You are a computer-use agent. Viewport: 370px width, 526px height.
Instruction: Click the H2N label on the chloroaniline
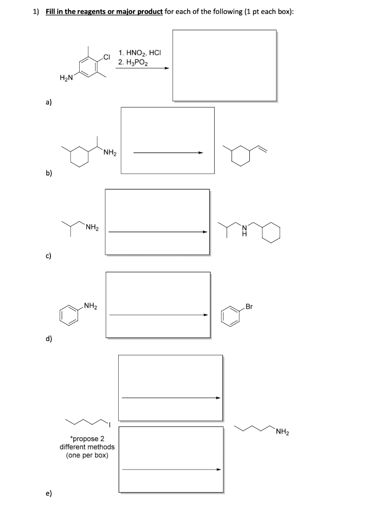(x=66, y=78)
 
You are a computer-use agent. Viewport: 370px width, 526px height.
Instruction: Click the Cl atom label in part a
(x=106, y=57)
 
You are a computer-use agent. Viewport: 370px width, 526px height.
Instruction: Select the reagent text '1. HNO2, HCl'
(x=140, y=52)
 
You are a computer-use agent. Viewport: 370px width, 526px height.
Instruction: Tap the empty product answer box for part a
(x=224, y=66)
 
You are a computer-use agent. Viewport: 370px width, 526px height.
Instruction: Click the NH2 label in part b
(x=110, y=152)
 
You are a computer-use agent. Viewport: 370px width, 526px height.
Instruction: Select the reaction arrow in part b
(x=168, y=152)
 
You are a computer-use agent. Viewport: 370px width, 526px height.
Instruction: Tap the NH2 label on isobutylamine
(x=92, y=227)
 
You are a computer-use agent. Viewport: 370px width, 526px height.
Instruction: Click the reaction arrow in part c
(x=157, y=232)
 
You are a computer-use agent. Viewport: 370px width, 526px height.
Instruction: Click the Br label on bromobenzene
(x=249, y=307)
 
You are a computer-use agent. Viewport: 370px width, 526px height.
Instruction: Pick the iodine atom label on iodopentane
(x=108, y=424)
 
